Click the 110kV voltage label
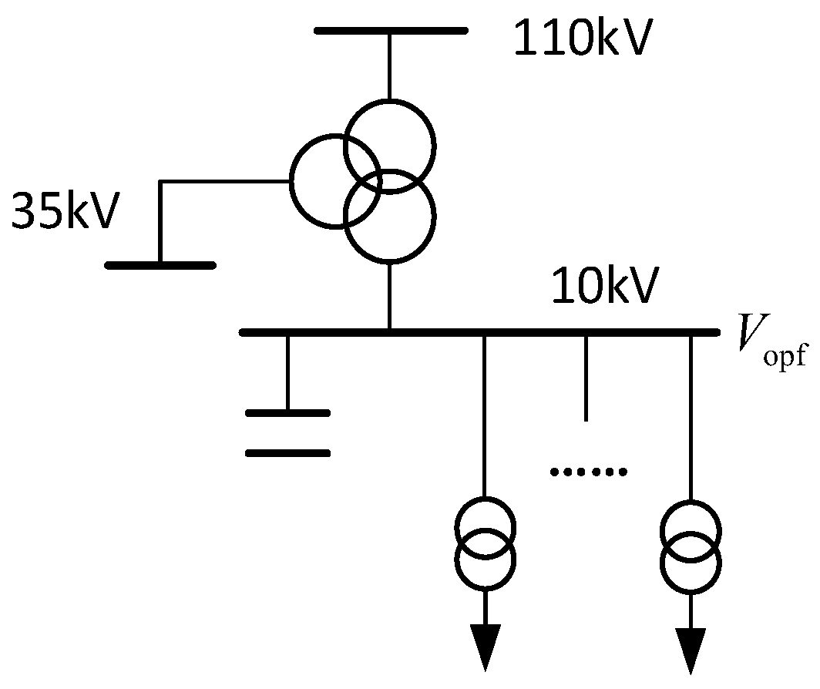(x=583, y=41)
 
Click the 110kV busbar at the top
(x=390, y=31)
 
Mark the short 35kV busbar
(x=160, y=265)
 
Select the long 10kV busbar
(x=478, y=332)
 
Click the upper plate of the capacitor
(x=287, y=413)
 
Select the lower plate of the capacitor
(x=287, y=453)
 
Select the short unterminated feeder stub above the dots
(x=586, y=378)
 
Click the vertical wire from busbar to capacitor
(x=287, y=372)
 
